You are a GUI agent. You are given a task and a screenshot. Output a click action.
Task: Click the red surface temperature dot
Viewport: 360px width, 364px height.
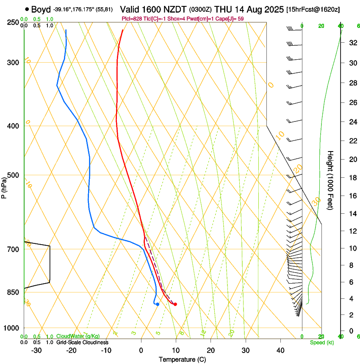(x=175, y=304)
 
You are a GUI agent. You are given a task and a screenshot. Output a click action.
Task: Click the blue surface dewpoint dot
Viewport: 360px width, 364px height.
(x=157, y=304)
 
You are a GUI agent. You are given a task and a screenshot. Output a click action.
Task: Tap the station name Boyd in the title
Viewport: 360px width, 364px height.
(x=41, y=9)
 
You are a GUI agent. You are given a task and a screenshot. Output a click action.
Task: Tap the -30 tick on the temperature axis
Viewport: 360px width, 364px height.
(x=36, y=350)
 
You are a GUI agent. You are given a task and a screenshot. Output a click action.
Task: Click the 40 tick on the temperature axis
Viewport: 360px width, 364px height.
(x=280, y=350)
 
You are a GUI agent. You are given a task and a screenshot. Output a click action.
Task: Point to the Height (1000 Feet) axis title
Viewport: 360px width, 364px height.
(x=330, y=180)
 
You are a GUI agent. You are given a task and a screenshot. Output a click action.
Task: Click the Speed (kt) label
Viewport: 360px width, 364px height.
(x=322, y=342)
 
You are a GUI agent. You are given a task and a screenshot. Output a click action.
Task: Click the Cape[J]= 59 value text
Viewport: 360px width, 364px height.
(x=230, y=19)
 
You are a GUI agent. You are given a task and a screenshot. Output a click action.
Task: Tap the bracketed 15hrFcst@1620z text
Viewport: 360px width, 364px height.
(x=313, y=10)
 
